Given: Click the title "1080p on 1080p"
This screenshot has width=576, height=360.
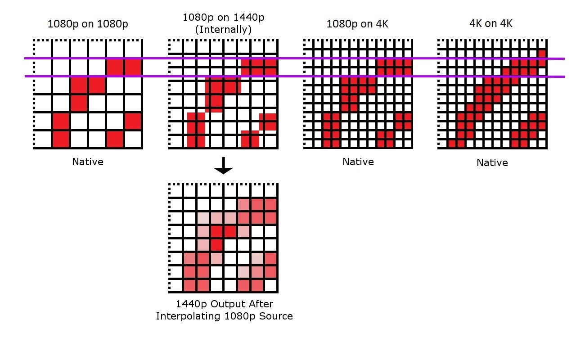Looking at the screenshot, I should (x=88, y=24).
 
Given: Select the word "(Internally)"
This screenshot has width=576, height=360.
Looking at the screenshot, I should (x=224, y=30).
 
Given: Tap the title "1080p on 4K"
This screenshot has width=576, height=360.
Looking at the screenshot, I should (x=357, y=24).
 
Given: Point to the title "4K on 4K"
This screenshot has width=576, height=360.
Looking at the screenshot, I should (x=491, y=23).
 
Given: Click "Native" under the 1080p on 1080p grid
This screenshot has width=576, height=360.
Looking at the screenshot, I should (x=88, y=162).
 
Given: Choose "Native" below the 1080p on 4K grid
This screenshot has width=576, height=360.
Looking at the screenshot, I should (x=358, y=162).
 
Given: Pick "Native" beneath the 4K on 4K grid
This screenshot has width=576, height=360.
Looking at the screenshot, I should (x=492, y=162).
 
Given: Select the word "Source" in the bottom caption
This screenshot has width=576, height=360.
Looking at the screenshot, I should (x=276, y=316).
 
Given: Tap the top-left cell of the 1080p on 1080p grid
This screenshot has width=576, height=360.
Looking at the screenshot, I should (x=43, y=49).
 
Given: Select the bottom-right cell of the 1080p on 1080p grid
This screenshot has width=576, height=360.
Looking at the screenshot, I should (x=134, y=139).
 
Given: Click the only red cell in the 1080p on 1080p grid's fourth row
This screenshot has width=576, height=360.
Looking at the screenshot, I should (x=79, y=103).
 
